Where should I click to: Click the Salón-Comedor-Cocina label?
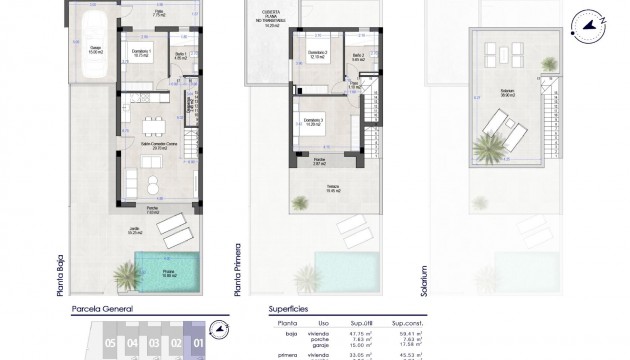(151, 148)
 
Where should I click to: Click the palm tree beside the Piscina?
(127, 273)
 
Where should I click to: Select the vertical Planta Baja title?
(62, 273)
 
